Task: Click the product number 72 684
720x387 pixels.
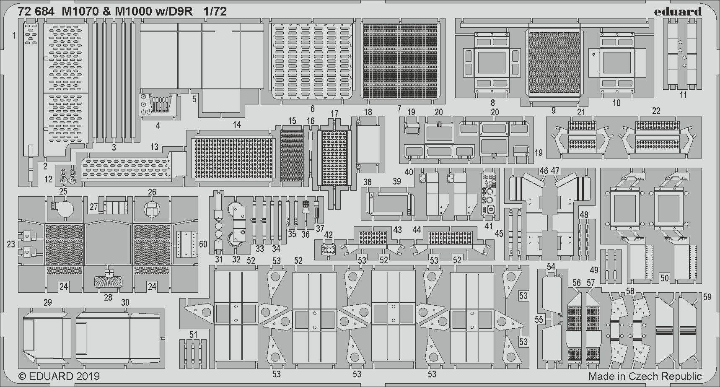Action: click(x=36, y=12)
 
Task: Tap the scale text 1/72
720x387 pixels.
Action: click(x=215, y=12)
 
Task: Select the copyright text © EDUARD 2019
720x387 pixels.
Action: click(x=59, y=376)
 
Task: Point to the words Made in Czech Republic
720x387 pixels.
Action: click(x=645, y=376)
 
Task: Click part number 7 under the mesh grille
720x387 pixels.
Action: click(x=399, y=109)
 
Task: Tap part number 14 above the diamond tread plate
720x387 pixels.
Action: click(x=237, y=125)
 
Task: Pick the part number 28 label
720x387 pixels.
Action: click(x=108, y=297)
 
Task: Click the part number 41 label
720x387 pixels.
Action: click(x=489, y=226)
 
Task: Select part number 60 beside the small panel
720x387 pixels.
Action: click(x=203, y=244)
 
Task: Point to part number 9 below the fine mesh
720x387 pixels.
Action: click(x=553, y=110)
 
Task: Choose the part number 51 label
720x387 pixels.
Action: click(x=193, y=335)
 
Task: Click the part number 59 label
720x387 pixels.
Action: click(x=707, y=297)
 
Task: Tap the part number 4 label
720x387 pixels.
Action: click(x=158, y=126)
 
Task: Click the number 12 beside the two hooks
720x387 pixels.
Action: click(x=49, y=179)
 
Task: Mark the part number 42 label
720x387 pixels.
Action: click(x=328, y=235)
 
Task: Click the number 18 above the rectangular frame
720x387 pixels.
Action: click(x=368, y=112)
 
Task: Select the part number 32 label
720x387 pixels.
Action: click(x=236, y=259)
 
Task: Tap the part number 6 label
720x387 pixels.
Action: click(x=312, y=109)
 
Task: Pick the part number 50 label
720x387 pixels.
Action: click(x=664, y=278)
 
